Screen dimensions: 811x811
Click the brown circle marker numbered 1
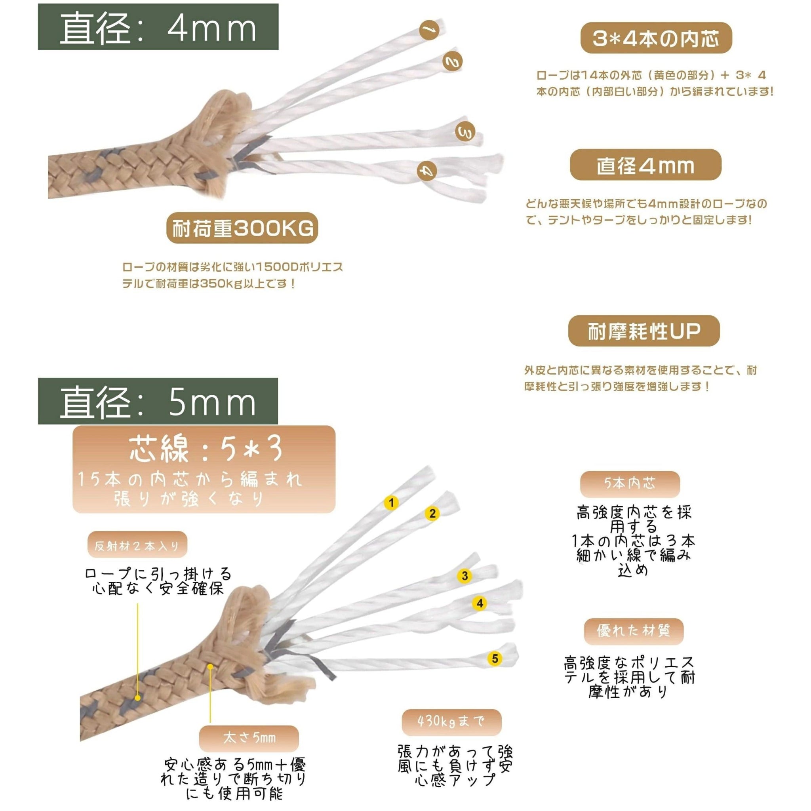[x=429, y=30]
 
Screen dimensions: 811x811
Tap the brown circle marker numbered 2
[x=453, y=61]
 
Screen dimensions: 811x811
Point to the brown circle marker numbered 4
[x=427, y=171]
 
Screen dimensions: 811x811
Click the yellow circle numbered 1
[x=392, y=503]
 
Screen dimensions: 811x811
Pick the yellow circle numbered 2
[x=432, y=513]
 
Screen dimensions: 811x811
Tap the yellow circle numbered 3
[x=465, y=576]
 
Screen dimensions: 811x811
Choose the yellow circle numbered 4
[x=480, y=603]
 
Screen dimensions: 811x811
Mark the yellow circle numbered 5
[x=495, y=658]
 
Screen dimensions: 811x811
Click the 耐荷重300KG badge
[x=242, y=228]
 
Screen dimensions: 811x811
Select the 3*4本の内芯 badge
[x=656, y=38]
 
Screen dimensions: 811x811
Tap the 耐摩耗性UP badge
[x=644, y=331]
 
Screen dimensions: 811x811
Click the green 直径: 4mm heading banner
[x=158, y=27]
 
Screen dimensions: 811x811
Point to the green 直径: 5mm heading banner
[x=158, y=401]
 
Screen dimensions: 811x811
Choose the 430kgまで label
[x=451, y=721]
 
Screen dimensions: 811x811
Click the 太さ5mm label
[x=249, y=738]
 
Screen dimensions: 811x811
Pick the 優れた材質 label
[x=634, y=631]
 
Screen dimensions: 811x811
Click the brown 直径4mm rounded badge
[x=645, y=165]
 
